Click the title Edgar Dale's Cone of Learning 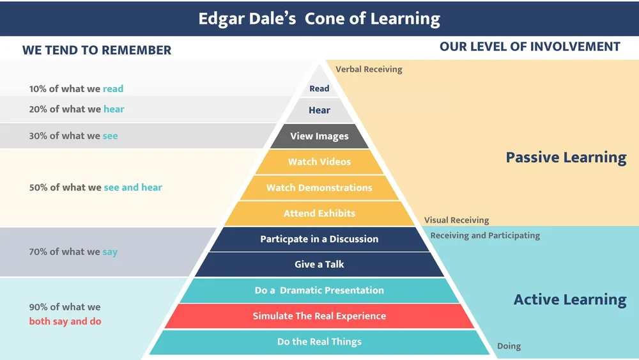[x=319, y=19]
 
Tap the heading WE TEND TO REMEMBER [x=96, y=50]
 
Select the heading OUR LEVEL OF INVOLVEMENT [x=530, y=47]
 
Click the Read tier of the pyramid [x=319, y=89]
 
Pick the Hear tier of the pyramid [x=319, y=110]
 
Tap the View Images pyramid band [x=319, y=136]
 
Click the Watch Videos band [x=319, y=162]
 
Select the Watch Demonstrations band [x=319, y=187]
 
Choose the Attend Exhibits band [x=319, y=213]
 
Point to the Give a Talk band [x=319, y=264]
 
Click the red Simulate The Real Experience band [x=319, y=316]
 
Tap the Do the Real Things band [x=319, y=341]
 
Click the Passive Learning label [x=566, y=157]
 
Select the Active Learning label [x=570, y=299]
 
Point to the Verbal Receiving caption [x=369, y=69]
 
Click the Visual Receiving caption [x=456, y=220]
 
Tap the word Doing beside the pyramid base [x=509, y=346]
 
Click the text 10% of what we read [x=76, y=89]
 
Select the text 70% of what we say [x=73, y=252]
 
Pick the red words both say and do [x=65, y=321]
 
